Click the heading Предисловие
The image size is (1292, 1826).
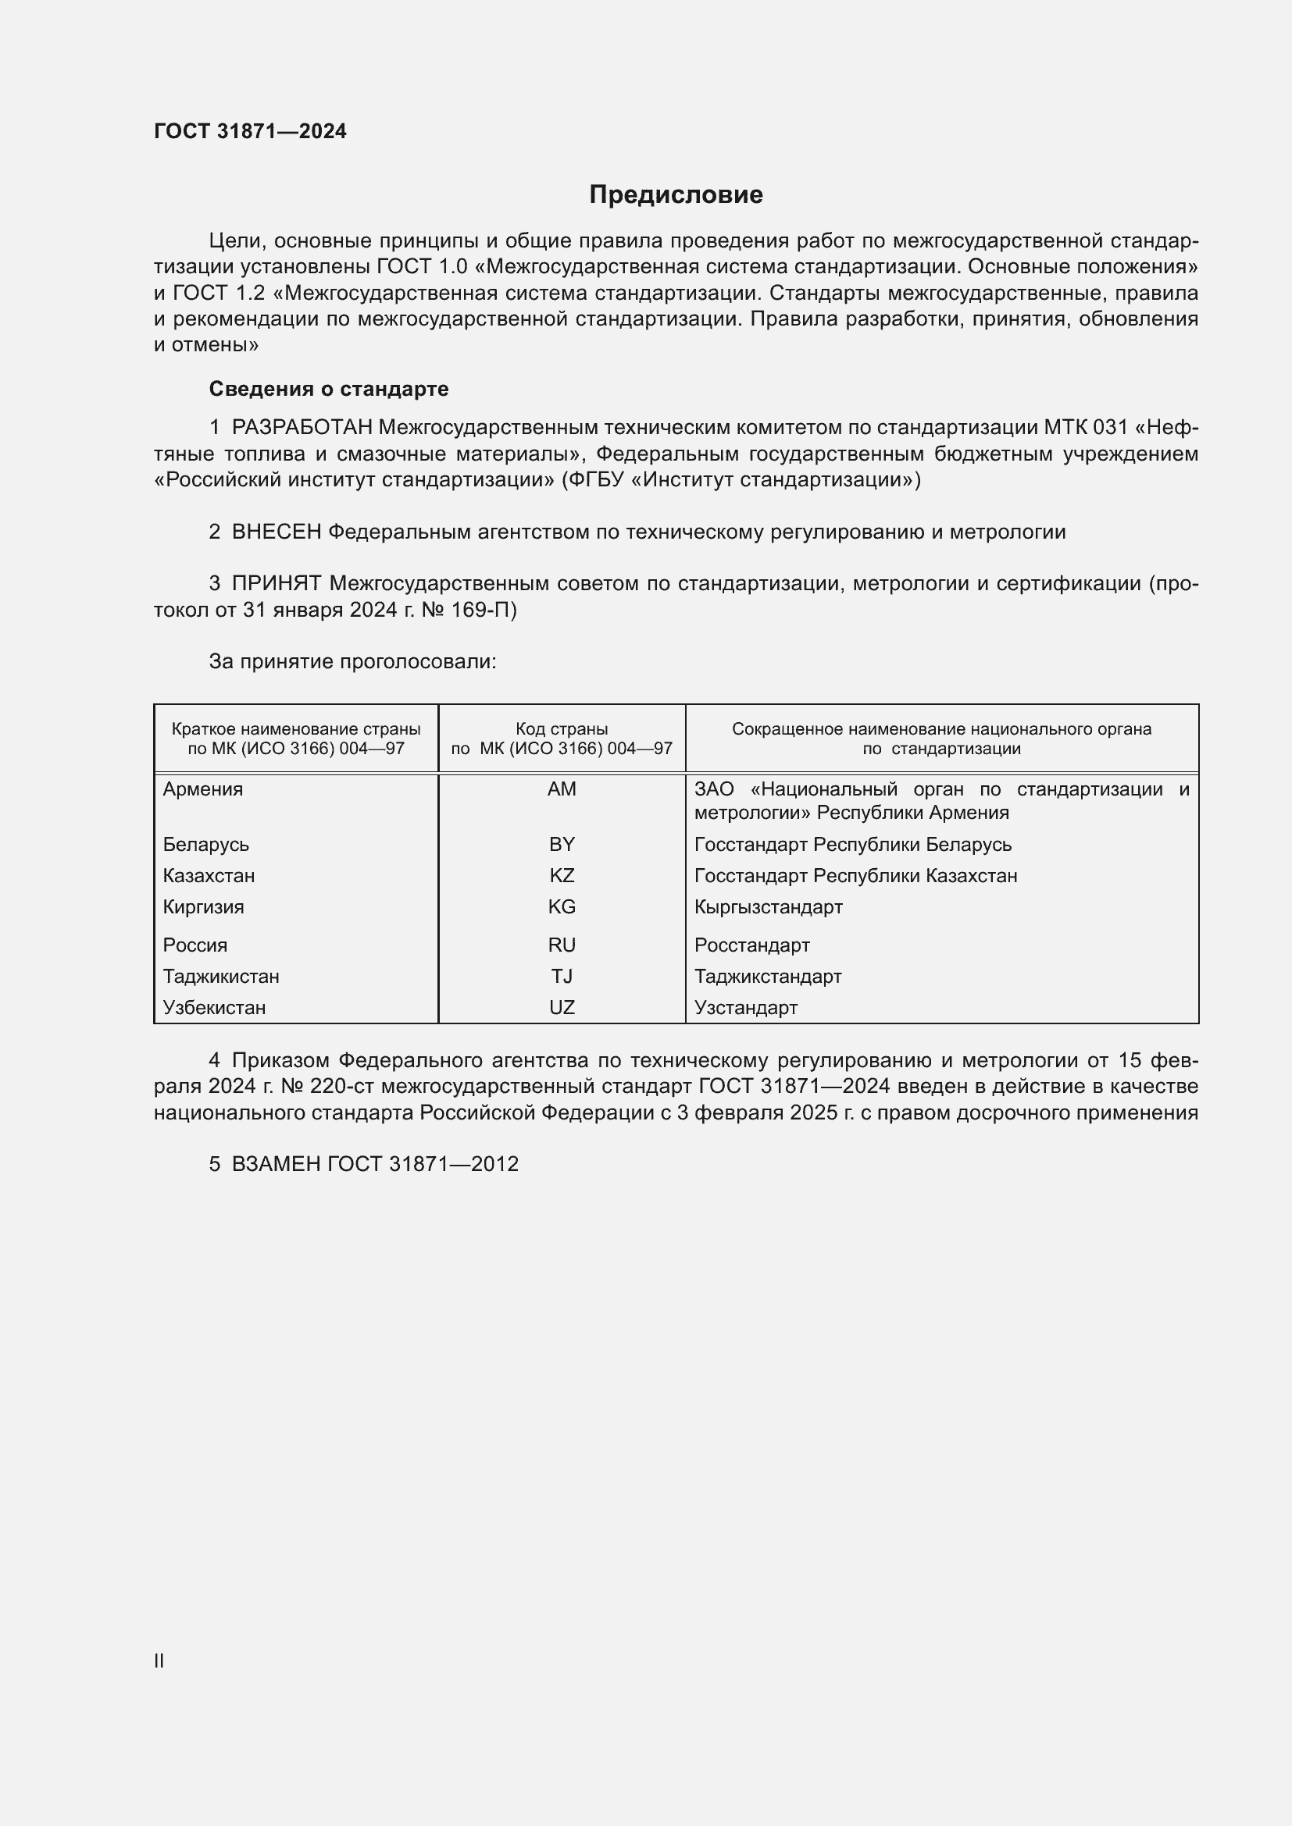pyautogui.click(x=676, y=195)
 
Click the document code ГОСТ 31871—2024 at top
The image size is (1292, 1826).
pyautogui.click(x=250, y=131)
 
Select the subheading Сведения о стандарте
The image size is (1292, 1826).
pyautogui.click(x=329, y=389)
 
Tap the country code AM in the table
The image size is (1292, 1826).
pyautogui.click(x=562, y=789)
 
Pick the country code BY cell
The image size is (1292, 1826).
pyautogui.click(x=562, y=844)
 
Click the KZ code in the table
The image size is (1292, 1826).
pyautogui.click(x=562, y=876)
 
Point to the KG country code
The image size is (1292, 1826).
pyautogui.click(x=562, y=906)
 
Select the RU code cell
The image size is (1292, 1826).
pyautogui.click(x=562, y=945)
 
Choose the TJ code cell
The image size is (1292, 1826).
pyautogui.click(x=562, y=976)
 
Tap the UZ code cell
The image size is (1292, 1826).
pyautogui.click(x=562, y=1008)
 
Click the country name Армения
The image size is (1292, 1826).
pyautogui.click(x=203, y=789)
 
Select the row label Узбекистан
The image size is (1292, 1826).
pyautogui.click(x=214, y=1008)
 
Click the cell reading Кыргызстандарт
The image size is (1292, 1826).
pyautogui.click(x=768, y=906)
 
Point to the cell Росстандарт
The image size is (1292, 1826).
pyautogui.click(x=751, y=945)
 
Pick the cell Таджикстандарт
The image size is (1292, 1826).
pyautogui.click(x=768, y=976)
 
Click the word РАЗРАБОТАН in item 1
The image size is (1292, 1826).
pyautogui.click(x=302, y=428)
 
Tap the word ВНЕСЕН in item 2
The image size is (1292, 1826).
pyautogui.click(x=276, y=532)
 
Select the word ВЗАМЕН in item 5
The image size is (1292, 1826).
pyautogui.click(x=276, y=1164)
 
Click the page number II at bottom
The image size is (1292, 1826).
pyautogui.click(x=159, y=1660)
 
